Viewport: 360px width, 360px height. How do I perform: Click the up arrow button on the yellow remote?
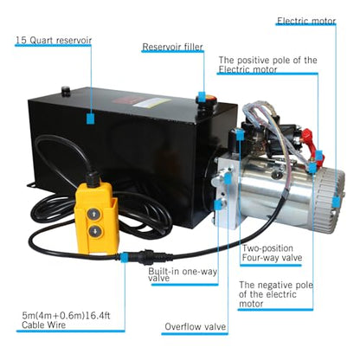tap(93, 215)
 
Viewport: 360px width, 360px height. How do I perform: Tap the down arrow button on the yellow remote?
tap(94, 231)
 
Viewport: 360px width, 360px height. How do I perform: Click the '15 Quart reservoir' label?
tap(54, 40)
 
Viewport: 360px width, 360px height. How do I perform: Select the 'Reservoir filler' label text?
tap(172, 47)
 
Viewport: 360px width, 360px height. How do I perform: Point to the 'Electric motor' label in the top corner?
tap(306, 21)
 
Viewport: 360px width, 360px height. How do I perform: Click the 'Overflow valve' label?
tap(196, 326)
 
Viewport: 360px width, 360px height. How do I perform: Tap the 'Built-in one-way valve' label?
tap(183, 274)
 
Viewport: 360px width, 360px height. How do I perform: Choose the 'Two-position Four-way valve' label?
tap(272, 253)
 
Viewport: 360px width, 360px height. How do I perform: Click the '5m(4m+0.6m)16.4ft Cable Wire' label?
tap(66, 320)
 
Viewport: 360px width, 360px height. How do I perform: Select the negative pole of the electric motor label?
tap(276, 294)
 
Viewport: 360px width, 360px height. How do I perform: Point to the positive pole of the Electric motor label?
tap(267, 65)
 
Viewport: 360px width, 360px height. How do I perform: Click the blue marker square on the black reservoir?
tap(91, 119)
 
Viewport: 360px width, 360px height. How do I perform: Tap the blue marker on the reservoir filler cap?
tap(202, 97)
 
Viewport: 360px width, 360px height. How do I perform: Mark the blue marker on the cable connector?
tap(125, 256)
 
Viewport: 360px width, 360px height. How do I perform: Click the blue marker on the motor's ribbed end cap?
tap(336, 202)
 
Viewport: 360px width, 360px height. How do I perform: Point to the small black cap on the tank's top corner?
tap(66, 91)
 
